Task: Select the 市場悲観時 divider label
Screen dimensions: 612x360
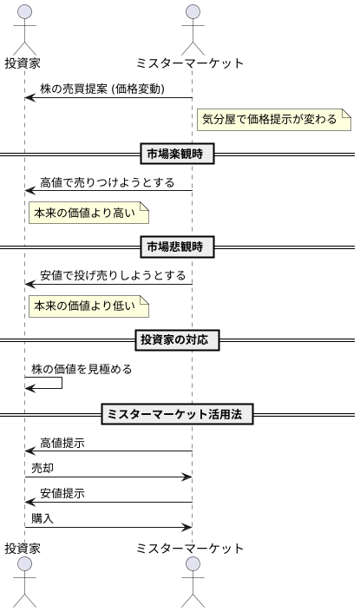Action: pos(177,247)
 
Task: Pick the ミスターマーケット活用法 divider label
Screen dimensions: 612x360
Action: pos(177,415)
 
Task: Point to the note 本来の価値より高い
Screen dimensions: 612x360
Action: pos(88,213)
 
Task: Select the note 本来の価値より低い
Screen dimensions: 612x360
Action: pos(88,306)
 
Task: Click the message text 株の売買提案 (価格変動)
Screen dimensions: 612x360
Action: pos(115,89)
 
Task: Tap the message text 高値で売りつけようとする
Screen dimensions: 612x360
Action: pos(107,183)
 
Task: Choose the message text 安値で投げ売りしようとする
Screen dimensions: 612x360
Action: pos(113,276)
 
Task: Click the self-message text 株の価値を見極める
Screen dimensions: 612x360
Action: pos(82,369)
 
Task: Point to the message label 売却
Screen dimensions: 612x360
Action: pos(43,468)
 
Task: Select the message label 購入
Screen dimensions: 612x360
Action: pos(43,518)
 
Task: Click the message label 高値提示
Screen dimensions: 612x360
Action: pos(62,443)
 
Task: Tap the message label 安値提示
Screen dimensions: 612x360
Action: pos(62,493)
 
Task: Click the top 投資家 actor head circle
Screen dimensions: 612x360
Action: pos(24,12)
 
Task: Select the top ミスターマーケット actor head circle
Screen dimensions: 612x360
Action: pos(192,12)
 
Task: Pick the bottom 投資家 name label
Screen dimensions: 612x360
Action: pos(23,549)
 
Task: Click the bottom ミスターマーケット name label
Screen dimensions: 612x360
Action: pos(191,549)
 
